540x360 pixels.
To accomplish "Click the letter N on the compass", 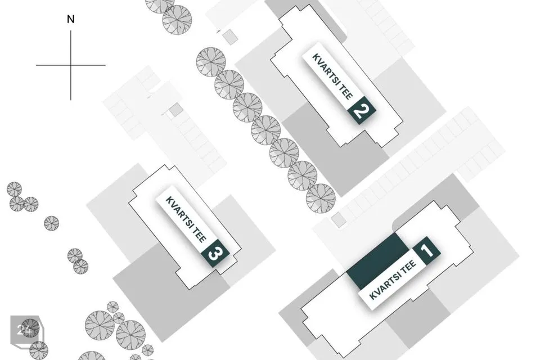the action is (x=71, y=19).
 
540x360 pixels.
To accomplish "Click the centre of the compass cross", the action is (x=71, y=65).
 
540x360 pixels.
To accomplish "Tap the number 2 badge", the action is (x=361, y=111).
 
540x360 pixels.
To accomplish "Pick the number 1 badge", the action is (x=427, y=250).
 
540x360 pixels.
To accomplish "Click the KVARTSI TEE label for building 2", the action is (x=332, y=76).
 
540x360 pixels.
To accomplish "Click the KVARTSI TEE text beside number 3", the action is (x=186, y=219).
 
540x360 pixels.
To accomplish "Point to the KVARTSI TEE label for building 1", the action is (x=392, y=280).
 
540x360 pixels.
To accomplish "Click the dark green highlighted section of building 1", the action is (x=377, y=261).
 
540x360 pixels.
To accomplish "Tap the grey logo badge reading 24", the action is (x=26, y=330).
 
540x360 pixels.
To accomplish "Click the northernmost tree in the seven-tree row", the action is (x=211, y=62).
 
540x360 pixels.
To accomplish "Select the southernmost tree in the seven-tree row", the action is (x=321, y=199).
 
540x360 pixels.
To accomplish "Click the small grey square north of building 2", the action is (x=229, y=37).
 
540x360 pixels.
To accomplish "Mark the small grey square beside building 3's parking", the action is (x=175, y=110).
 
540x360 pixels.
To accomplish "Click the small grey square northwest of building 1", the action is (x=339, y=220).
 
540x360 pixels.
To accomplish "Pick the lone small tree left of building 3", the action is (x=52, y=223).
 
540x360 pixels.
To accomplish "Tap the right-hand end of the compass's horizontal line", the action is (x=105, y=65).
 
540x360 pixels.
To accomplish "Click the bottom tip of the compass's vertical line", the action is (x=71, y=100).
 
